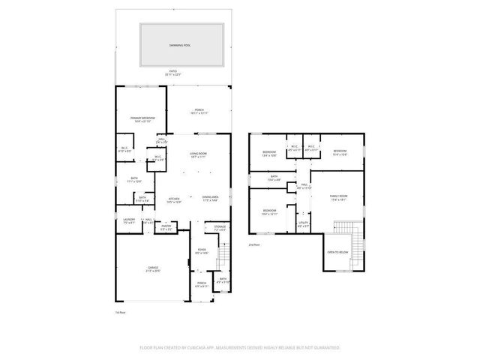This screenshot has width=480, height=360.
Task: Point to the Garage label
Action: pos(153,268)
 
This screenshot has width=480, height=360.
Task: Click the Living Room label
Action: pos(198,154)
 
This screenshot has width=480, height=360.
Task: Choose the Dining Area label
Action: pos(210,198)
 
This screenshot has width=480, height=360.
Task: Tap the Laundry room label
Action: pos(129,220)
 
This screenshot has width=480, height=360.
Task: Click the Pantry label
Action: pos(166,226)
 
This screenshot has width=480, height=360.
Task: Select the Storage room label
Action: pos(219,226)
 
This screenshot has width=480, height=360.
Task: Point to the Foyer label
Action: pos(201,250)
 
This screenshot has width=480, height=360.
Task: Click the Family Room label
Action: pos(340,198)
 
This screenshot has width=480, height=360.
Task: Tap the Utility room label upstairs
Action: pos(304,223)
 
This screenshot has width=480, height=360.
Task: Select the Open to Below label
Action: pos(337,252)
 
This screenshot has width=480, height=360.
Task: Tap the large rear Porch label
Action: pos(199,110)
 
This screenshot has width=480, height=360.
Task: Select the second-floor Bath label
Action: pos(271,178)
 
